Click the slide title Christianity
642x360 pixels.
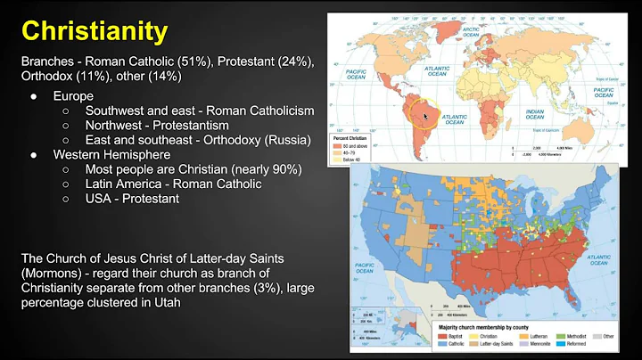pyautogui.click(x=95, y=32)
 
